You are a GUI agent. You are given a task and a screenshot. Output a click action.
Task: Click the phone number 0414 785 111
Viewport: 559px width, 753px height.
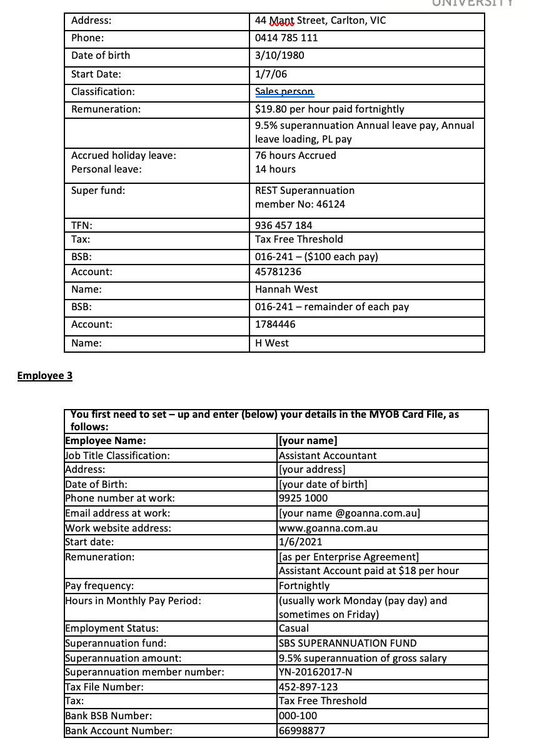click(x=286, y=38)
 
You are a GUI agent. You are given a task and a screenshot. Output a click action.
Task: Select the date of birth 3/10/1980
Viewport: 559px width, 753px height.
click(x=279, y=55)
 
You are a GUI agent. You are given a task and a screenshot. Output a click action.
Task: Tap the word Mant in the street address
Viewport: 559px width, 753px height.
click(x=281, y=20)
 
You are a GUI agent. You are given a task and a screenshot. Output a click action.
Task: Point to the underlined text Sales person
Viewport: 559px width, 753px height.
click(x=285, y=91)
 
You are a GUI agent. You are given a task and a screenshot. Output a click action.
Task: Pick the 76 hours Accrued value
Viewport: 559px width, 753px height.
click(x=295, y=155)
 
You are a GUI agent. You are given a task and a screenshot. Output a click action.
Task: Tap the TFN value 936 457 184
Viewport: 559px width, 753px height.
click(x=284, y=225)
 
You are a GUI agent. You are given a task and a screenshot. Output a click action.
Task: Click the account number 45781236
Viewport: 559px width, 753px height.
click(x=278, y=271)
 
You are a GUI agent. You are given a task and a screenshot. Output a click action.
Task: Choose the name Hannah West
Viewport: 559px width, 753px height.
click(x=286, y=289)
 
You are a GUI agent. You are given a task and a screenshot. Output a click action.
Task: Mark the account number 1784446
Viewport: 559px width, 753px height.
click(x=275, y=324)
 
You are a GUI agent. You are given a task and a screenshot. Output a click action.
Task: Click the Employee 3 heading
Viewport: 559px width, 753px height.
click(x=45, y=375)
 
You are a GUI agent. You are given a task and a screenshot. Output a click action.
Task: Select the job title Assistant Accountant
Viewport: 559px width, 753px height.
click(x=328, y=455)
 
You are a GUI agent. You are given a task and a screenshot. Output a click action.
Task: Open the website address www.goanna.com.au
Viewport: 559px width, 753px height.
click(x=328, y=528)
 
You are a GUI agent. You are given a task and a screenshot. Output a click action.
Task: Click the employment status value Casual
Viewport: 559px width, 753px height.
click(x=294, y=628)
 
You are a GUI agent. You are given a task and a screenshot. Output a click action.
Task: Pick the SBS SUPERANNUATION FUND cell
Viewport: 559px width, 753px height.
click(x=348, y=643)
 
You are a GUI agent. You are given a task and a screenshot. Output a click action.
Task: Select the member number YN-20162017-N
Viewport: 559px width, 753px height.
click(x=317, y=672)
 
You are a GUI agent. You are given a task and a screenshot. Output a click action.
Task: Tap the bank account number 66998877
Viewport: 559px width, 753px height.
click(x=302, y=730)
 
